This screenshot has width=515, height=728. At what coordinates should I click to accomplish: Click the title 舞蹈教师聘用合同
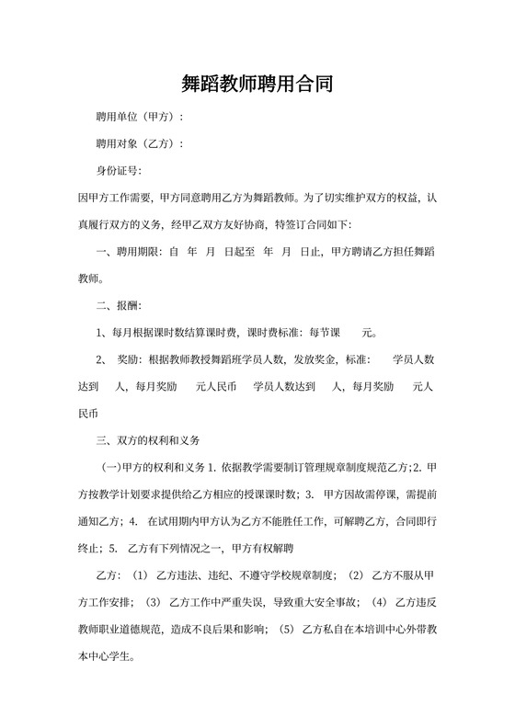[257, 85]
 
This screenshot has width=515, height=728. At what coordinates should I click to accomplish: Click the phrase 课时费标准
[275, 332]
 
